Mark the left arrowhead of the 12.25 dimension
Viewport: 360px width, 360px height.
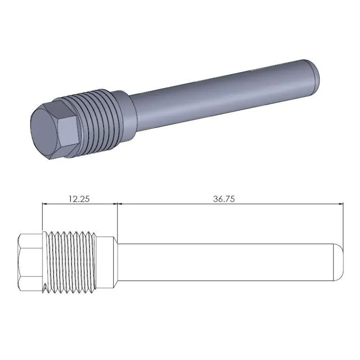[44, 203]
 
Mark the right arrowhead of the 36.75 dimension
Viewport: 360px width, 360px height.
[340, 203]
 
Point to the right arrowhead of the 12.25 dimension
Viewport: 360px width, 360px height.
[114, 203]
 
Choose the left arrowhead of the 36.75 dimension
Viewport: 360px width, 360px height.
[120, 203]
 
